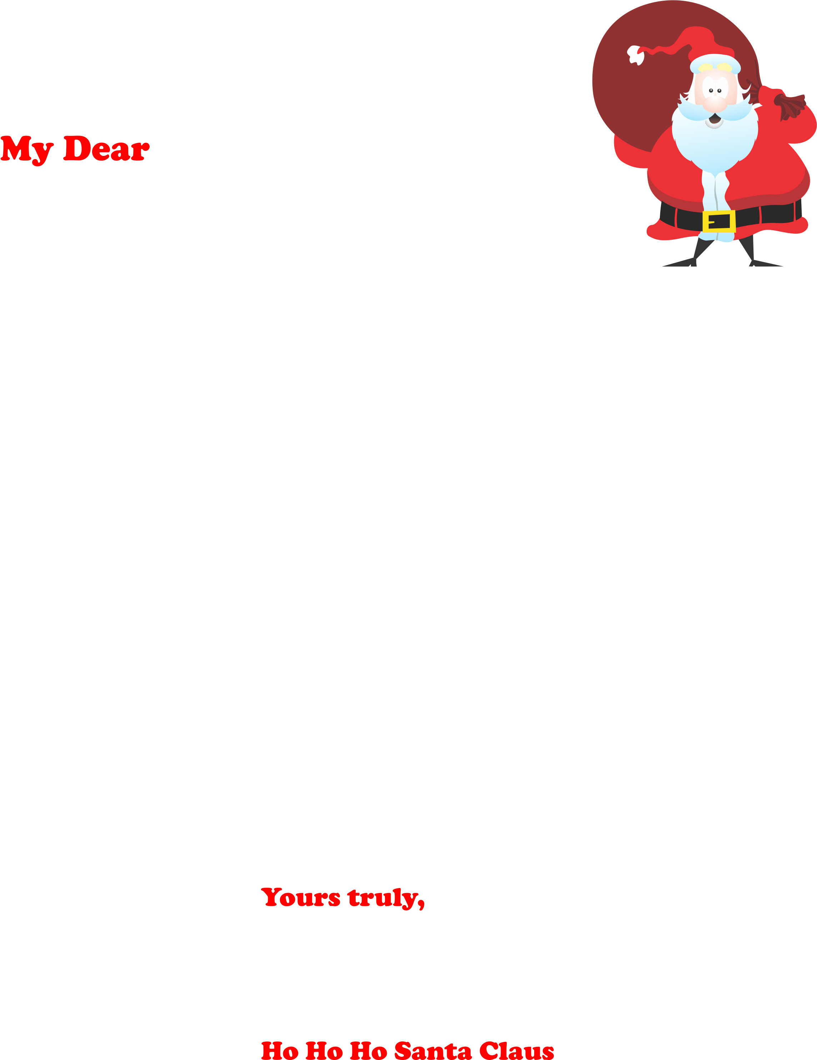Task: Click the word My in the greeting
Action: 27,150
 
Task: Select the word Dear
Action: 106,148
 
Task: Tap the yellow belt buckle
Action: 719,221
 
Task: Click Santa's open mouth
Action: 714,118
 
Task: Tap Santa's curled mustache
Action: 714,111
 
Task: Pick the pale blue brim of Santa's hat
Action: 715,64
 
